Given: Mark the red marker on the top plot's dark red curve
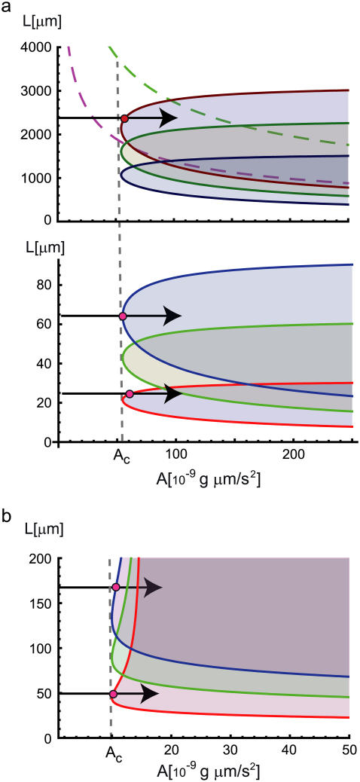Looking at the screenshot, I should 124,118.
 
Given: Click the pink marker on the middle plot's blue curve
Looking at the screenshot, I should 123,316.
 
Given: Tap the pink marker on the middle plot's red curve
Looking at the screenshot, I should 130,394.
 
